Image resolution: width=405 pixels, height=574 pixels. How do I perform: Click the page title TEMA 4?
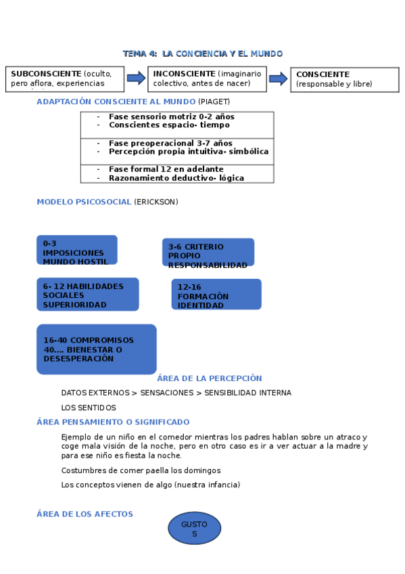[202, 53]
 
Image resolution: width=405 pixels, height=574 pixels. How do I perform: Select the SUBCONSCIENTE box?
[65, 79]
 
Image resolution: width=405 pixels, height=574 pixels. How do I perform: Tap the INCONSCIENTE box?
[208, 79]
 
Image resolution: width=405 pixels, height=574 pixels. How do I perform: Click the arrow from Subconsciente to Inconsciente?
[136, 78]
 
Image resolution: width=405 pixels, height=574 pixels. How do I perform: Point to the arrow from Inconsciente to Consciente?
[279, 79]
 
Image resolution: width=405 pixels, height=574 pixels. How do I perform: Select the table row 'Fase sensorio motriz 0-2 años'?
[171, 116]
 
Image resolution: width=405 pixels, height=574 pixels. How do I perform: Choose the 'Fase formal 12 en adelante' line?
[166, 169]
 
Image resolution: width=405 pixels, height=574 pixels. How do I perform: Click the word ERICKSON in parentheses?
[156, 202]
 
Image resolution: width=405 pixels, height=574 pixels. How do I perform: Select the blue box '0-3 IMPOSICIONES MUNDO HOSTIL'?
[76, 250]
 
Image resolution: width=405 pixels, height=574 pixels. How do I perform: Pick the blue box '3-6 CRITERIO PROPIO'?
[208, 252]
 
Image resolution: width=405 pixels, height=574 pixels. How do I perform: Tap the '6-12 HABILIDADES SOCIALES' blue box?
[87, 294]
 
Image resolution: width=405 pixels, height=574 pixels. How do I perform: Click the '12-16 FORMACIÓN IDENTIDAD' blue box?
[216, 294]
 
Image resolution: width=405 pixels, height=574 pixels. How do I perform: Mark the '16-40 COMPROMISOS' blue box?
[96, 349]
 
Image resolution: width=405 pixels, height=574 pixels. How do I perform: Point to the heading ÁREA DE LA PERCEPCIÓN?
[209, 378]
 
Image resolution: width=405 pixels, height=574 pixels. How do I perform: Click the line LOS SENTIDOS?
[89, 407]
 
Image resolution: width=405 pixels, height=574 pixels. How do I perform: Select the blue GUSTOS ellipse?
[194, 529]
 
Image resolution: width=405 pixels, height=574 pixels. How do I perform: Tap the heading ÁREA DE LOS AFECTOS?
[85, 514]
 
